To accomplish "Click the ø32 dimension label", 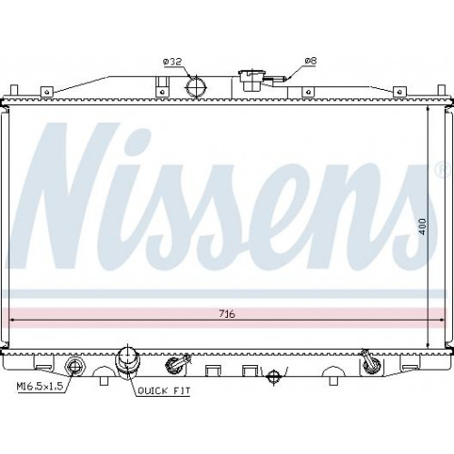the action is point(173,62).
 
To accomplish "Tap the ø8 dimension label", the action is point(311,61).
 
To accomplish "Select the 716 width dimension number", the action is point(227,314).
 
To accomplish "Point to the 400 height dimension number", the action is point(422,227).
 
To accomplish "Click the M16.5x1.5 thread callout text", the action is point(40,386).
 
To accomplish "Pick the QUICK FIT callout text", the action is point(164,390).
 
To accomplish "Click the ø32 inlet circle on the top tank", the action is point(196,86).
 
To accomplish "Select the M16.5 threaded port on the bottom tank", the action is point(74,367).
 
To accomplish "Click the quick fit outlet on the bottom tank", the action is point(128,363).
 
